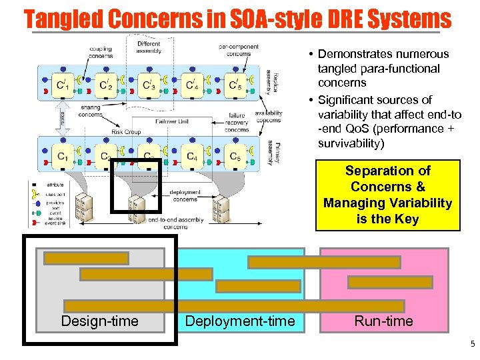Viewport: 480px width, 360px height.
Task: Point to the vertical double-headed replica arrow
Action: click(62, 120)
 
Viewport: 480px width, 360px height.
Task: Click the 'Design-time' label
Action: click(99, 321)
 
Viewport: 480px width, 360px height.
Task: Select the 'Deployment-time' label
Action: click(239, 321)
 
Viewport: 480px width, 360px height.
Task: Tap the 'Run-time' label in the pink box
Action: click(383, 321)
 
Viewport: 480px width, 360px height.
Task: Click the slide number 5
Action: click(472, 345)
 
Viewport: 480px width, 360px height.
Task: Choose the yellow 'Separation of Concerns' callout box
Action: click(387, 195)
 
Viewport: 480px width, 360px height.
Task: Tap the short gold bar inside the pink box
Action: click(380, 282)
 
